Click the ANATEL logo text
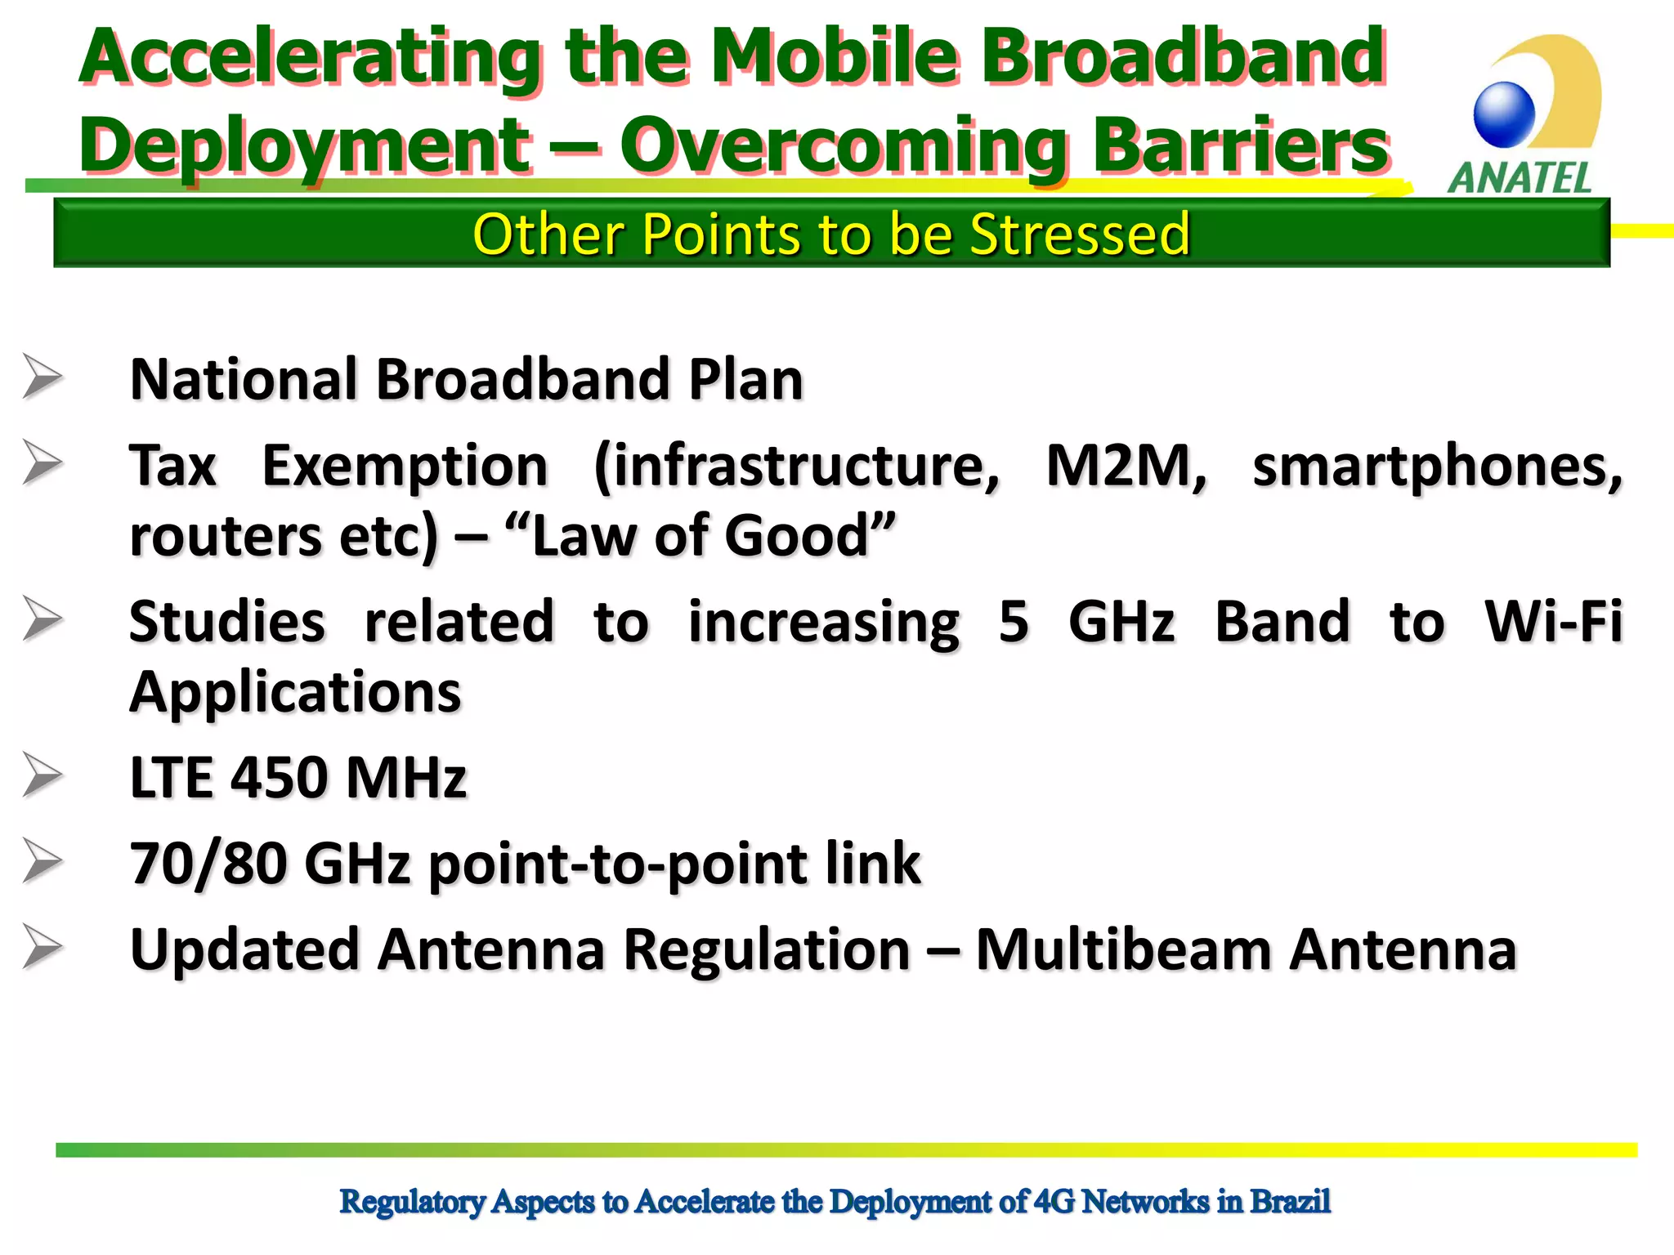(x=1520, y=177)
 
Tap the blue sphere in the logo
(x=1504, y=114)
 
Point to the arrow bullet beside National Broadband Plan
(x=43, y=377)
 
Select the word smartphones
(x=1437, y=467)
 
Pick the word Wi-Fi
(x=1553, y=622)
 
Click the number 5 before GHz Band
(x=1014, y=622)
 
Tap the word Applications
(x=295, y=693)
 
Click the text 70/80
(x=208, y=864)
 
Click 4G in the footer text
(x=1054, y=1202)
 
